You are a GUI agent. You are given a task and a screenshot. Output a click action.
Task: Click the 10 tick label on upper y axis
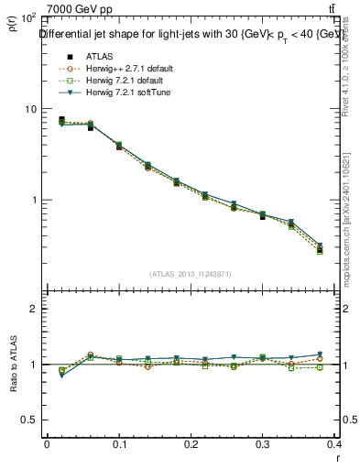29,109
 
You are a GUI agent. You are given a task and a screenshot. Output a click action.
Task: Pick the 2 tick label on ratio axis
34,309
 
